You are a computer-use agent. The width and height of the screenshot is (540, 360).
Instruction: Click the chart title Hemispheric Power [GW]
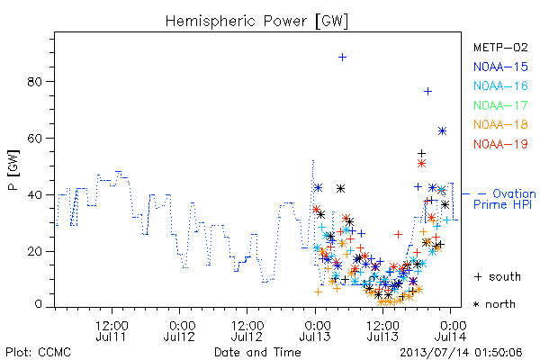pyautogui.click(x=256, y=22)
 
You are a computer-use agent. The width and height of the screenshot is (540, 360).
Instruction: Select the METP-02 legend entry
pyautogui.click(x=500, y=47)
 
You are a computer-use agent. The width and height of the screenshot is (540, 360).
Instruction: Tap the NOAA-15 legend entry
pyautogui.click(x=500, y=67)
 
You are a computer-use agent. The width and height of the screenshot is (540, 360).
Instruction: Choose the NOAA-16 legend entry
pyautogui.click(x=500, y=85)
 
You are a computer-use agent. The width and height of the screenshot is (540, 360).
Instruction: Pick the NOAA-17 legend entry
pyautogui.click(x=500, y=105)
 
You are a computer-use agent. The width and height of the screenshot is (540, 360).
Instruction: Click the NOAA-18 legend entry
pyautogui.click(x=500, y=124)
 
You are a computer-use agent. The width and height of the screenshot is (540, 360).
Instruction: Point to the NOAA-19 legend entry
pyautogui.click(x=500, y=144)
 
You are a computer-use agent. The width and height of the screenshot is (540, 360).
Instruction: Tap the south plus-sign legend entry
pyautogui.click(x=498, y=276)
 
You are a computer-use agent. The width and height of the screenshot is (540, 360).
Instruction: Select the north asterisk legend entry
pyautogui.click(x=494, y=304)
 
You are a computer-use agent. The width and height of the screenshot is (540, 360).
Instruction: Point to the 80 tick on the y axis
pyautogui.click(x=35, y=82)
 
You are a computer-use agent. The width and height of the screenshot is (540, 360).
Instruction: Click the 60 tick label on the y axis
pyautogui.click(x=35, y=138)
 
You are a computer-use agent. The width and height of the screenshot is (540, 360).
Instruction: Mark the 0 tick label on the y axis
pyautogui.click(x=38, y=304)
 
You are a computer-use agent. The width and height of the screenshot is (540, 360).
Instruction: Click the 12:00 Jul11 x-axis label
pyautogui.click(x=112, y=330)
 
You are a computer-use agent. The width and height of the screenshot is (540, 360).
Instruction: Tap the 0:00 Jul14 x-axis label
pyautogui.click(x=451, y=330)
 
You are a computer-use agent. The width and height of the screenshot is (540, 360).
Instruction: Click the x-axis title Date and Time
pyautogui.click(x=257, y=353)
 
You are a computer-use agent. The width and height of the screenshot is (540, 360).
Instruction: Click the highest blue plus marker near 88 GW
pyautogui.click(x=342, y=58)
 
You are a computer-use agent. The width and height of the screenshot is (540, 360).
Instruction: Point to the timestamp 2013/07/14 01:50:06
pyautogui.click(x=461, y=353)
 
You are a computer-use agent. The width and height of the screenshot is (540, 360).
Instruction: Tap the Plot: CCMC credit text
pyautogui.click(x=38, y=353)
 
